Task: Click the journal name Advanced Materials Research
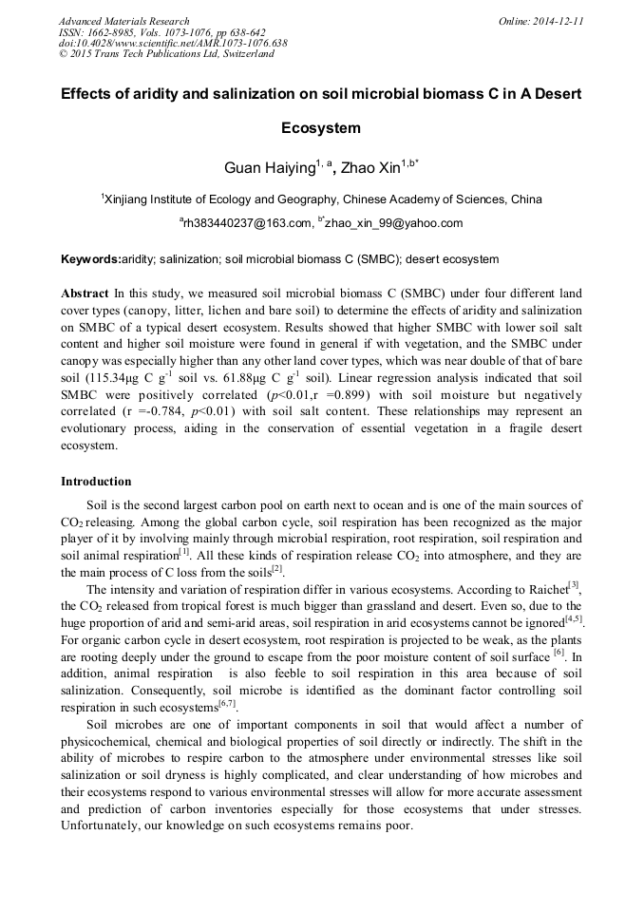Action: pyautogui.click(x=124, y=21)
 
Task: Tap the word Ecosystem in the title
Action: pyautogui.click(x=321, y=127)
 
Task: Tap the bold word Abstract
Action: pyautogui.click(x=85, y=294)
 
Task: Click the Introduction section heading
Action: pyautogui.click(x=96, y=482)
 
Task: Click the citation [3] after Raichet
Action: pyautogui.click(x=574, y=583)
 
